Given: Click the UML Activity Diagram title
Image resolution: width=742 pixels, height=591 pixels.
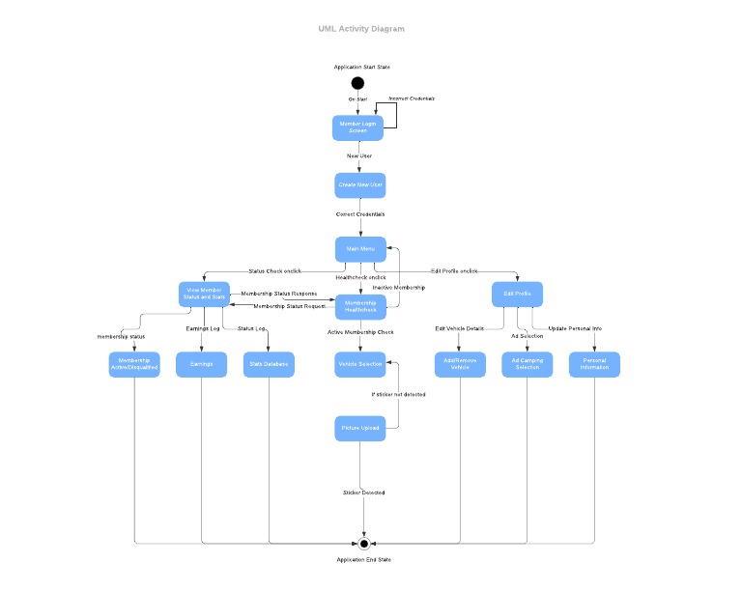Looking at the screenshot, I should click(361, 29).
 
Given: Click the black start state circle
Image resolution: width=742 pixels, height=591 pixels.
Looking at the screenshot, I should click(358, 83).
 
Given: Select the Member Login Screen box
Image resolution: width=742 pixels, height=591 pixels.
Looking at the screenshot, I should click(358, 127).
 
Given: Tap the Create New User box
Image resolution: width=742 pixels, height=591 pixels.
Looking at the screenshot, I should click(360, 184).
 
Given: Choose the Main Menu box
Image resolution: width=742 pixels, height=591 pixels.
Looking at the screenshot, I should click(360, 249).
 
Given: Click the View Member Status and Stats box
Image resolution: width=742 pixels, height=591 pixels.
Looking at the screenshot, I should click(204, 294).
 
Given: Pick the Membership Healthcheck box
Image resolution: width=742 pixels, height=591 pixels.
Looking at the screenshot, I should click(360, 306).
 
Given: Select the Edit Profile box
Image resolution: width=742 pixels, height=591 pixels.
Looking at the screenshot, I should click(517, 294).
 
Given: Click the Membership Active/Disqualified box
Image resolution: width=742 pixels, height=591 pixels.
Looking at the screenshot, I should click(134, 364).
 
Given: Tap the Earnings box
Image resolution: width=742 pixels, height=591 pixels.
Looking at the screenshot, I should click(201, 364).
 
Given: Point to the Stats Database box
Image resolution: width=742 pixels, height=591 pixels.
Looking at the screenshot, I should click(269, 364).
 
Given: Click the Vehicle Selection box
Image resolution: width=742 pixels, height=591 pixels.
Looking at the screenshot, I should click(360, 364).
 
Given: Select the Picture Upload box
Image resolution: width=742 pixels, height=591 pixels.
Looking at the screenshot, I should click(360, 428).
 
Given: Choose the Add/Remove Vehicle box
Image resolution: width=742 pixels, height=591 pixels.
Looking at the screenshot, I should click(460, 364).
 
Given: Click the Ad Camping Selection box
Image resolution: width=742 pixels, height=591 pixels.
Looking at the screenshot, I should click(528, 364).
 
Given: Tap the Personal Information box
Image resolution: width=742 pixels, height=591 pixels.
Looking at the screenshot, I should click(594, 364).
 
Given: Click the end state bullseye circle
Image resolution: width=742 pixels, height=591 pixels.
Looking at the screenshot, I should click(364, 544).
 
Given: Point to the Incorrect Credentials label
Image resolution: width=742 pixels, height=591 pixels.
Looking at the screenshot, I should click(412, 98).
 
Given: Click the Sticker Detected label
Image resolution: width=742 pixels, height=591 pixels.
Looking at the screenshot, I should click(364, 492).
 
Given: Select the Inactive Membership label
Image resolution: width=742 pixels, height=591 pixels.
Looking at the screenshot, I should click(398, 288).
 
